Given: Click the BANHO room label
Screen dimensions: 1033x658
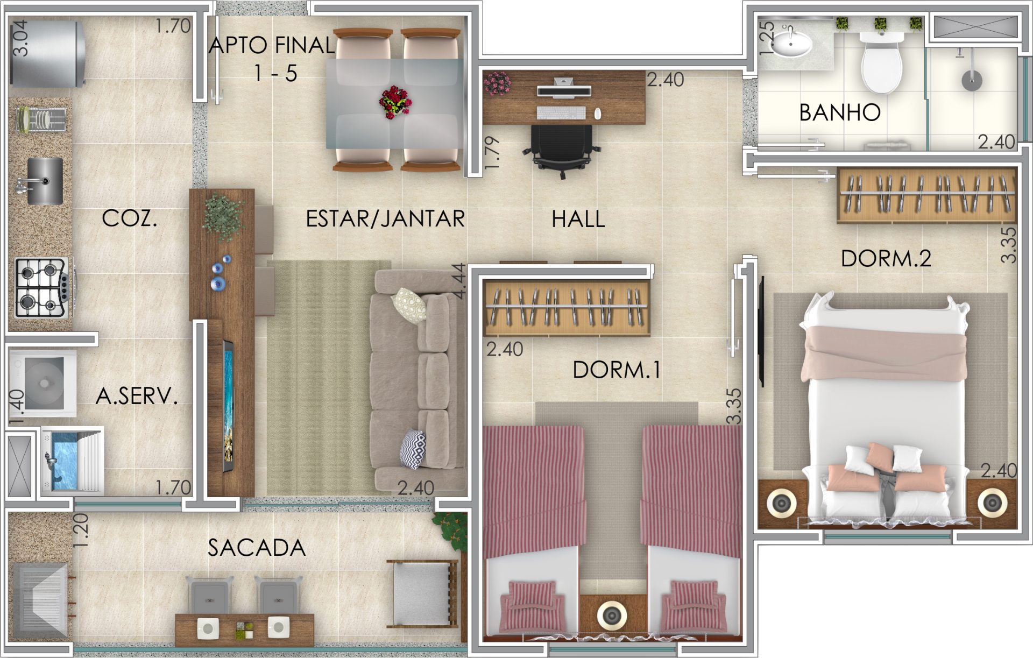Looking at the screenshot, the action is (x=839, y=112).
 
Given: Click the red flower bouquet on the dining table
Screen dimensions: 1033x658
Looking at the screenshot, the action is (x=395, y=102).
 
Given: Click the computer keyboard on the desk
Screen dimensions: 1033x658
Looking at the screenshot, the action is (x=561, y=113).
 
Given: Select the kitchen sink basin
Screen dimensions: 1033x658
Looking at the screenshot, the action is (x=45, y=181).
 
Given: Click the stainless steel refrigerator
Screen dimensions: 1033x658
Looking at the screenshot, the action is (x=47, y=53).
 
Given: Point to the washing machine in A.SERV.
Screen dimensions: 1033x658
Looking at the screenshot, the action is (x=43, y=383).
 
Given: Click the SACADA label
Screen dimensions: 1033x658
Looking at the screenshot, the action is (x=257, y=548).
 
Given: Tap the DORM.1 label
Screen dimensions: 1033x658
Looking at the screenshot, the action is (x=617, y=370).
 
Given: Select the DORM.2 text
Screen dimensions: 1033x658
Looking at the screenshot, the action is (x=886, y=259).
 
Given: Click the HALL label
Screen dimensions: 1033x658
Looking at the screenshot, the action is (x=578, y=219).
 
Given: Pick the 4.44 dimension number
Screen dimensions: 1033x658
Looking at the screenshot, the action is (x=459, y=280).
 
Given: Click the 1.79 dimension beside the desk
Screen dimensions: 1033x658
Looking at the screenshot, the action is (x=492, y=153).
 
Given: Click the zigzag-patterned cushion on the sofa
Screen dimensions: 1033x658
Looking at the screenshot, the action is (x=413, y=449).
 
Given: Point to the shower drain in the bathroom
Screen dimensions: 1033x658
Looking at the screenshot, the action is (x=972, y=81).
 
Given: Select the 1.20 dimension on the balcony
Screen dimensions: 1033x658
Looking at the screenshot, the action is (x=80, y=530).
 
